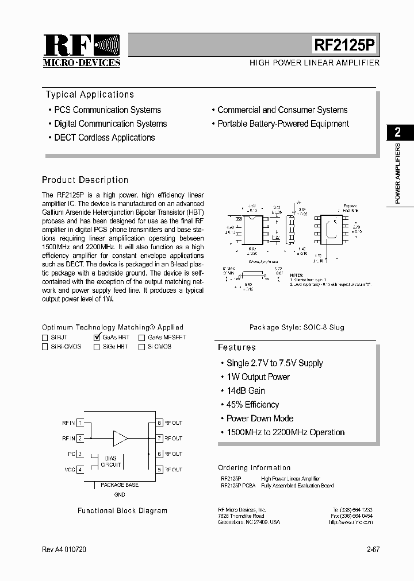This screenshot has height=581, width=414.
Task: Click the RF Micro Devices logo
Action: pos(81,51)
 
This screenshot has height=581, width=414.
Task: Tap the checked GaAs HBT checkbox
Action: pos(97,338)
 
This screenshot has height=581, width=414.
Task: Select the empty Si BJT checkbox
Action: pos(45,338)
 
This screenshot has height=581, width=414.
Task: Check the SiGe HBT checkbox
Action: pos(97,347)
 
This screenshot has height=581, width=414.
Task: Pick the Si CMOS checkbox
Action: pos(141,347)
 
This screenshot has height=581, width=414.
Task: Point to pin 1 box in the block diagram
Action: pos(80,423)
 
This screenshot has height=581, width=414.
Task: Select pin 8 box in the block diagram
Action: pos(159,423)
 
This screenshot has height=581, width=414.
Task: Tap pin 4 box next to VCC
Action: pos(80,470)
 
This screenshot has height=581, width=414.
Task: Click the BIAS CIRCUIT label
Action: pos(111,461)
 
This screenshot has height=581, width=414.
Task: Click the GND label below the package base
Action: pos(120,494)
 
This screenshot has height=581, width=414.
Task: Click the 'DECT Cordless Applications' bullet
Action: pos(104,138)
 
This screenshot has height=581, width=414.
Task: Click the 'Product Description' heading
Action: pos(85,180)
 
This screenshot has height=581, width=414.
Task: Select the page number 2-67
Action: pos(373,549)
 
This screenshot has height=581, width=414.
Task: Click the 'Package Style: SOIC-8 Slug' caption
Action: pos(297,327)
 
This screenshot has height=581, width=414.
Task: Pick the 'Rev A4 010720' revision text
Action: pos(65,549)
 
